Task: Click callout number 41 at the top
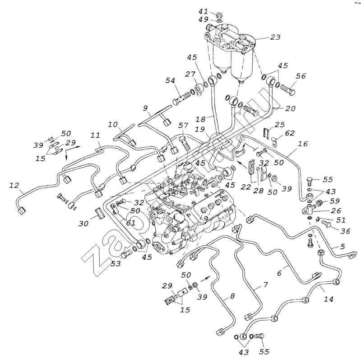pyautogui.click(x=204, y=11)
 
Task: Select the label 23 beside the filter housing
pyautogui.click(x=275, y=38)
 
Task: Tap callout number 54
pyautogui.click(x=170, y=80)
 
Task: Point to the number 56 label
pyautogui.click(x=301, y=76)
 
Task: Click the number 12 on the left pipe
pyautogui.click(x=14, y=186)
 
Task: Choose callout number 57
pyautogui.click(x=183, y=125)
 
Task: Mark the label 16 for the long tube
pyautogui.click(x=303, y=144)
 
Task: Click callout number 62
pyautogui.click(x=289, y=133)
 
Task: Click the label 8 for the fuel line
pyautogui.click(x=232, y=296)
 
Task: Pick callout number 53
pyautogui.click(x=116, y=264)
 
